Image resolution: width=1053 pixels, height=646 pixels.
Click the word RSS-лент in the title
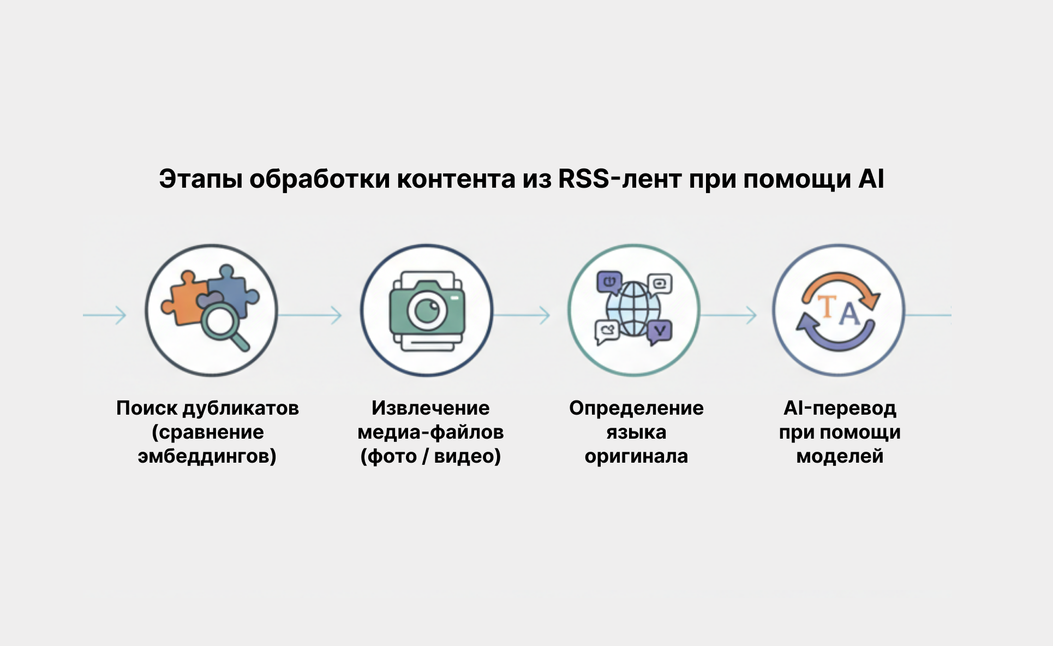(619, 179)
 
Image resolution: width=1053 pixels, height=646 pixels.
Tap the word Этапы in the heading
(200, 179)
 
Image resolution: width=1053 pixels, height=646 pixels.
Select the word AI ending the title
(871, 179)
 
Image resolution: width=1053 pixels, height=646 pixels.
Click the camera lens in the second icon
(427, 311)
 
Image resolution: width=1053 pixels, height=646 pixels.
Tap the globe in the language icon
(633, 309)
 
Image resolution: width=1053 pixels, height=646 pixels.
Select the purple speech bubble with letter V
(660, 331)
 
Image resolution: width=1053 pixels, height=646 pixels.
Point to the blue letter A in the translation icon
(848, 314)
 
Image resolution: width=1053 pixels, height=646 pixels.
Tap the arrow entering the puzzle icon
(105, 315)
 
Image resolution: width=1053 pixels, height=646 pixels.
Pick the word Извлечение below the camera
(430, 408)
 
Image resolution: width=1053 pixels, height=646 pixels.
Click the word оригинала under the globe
(636, 456)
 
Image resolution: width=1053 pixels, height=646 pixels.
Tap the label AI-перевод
(840, 408)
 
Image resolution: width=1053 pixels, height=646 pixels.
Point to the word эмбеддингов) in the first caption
(207, 456)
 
